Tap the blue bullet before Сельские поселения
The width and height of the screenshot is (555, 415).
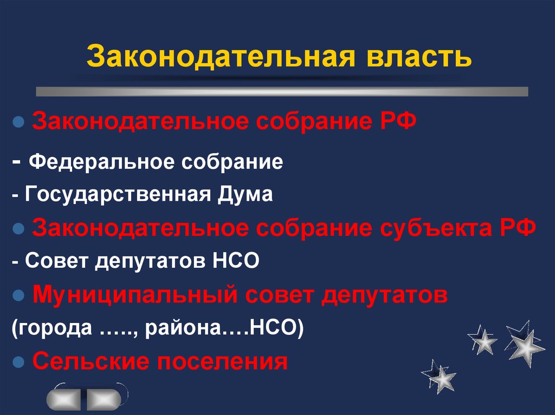pos(18,361)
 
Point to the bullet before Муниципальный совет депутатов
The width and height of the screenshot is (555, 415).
pos(18,295)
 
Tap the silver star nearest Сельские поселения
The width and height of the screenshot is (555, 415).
pos(441,374)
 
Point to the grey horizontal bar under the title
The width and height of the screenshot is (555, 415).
pos(282,91)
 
